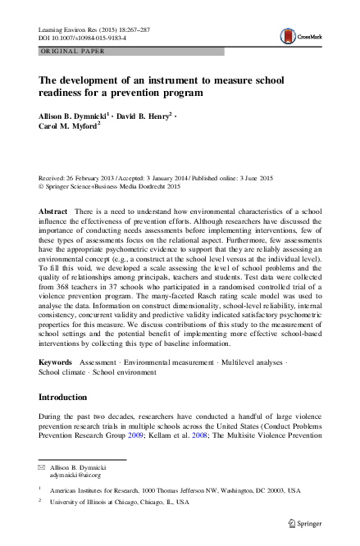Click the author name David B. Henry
click(140, 115)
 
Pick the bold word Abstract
click(53, 212)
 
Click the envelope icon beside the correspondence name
click(43, 466)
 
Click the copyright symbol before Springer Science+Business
click(43, 185)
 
